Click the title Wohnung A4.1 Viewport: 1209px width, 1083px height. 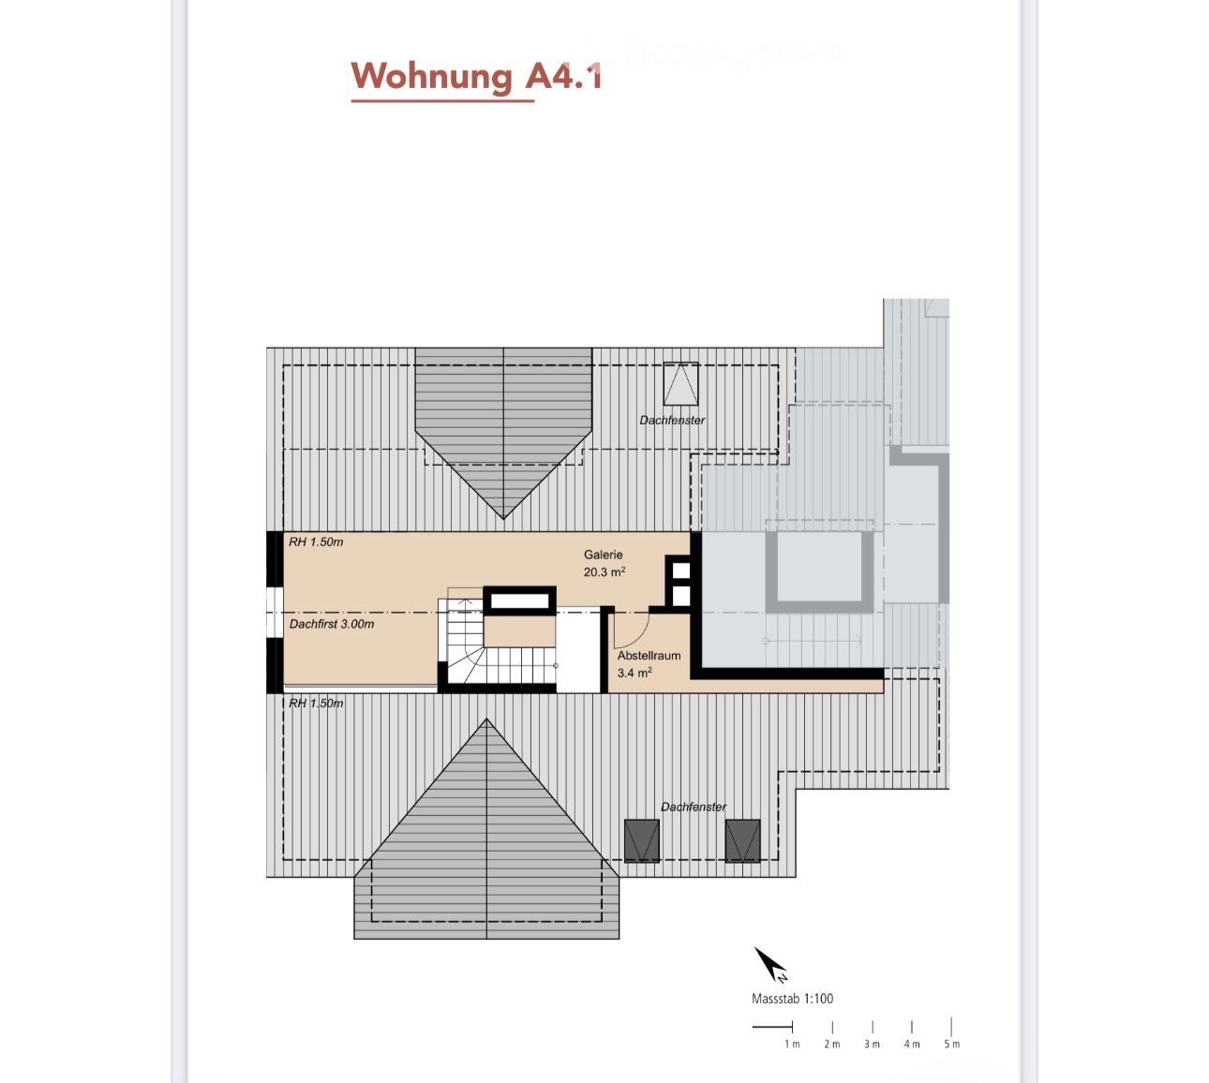476,76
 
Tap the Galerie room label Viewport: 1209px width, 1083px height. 603,555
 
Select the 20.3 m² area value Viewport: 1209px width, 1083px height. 604,571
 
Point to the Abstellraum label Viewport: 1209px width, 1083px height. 649,656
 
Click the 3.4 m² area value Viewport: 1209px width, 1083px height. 634,673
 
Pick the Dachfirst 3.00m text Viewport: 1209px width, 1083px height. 332,624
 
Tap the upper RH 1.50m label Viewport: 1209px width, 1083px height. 316,542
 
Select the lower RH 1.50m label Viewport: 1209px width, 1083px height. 316,703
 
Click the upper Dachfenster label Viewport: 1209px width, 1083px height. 672,421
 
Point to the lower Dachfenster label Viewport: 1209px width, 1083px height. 694,807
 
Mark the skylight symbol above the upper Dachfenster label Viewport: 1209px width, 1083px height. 680,382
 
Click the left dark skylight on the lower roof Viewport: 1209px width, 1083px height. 642,839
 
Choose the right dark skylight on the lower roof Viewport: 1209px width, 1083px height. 742,839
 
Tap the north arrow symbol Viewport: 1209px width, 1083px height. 771,964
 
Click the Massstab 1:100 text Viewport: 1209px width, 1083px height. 792,999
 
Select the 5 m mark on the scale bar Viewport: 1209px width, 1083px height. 951,1028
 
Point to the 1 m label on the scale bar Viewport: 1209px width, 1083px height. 792,1044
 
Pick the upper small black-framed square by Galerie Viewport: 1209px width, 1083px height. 681,570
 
